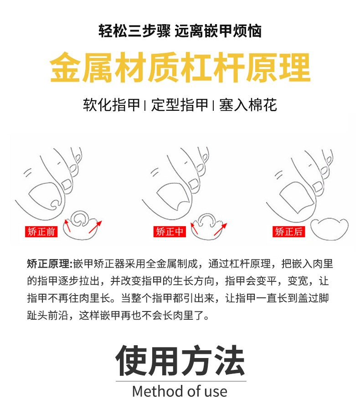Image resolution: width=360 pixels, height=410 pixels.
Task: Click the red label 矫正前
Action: tap(41, 231)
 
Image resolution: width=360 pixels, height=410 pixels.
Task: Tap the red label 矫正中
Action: tap(170, 231)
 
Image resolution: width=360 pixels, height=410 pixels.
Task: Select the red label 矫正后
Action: tap(288, 231)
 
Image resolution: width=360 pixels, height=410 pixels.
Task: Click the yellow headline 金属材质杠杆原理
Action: tap(180, 67)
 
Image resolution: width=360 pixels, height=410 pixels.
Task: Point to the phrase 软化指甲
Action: tap(112, 105)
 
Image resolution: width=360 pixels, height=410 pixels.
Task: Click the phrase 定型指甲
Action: tap(180, 105)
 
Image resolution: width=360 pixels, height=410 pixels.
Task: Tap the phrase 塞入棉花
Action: tap(248, 105)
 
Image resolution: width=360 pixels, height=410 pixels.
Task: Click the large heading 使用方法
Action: tap(180, 361)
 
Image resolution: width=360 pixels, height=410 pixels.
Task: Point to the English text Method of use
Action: tap(180, 391)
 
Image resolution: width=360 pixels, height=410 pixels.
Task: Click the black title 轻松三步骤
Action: tap(134, 31)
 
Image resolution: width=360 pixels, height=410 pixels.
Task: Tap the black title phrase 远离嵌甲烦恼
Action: tap(218, 31)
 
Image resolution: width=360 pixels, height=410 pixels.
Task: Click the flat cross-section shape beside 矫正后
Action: tap(329, 228)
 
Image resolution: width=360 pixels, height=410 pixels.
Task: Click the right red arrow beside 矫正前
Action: tap(95, 227)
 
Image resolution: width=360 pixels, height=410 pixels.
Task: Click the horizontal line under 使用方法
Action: tap(181, 381)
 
